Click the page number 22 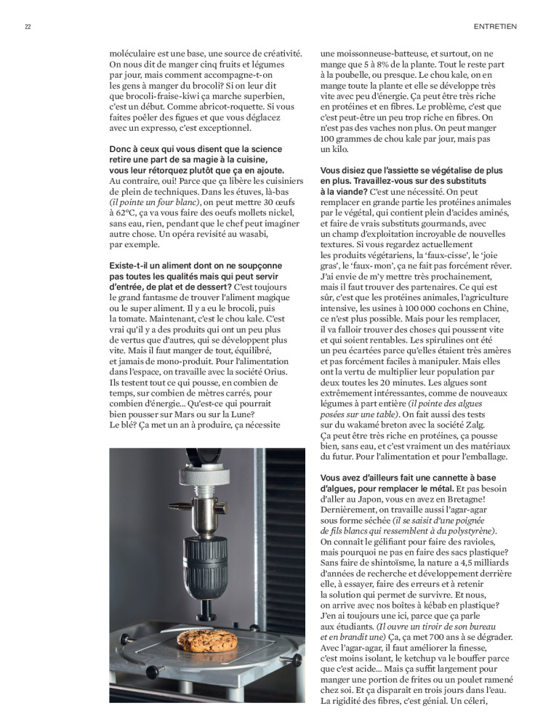click(x=27, y=27)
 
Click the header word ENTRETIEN click(x=494, y=27)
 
